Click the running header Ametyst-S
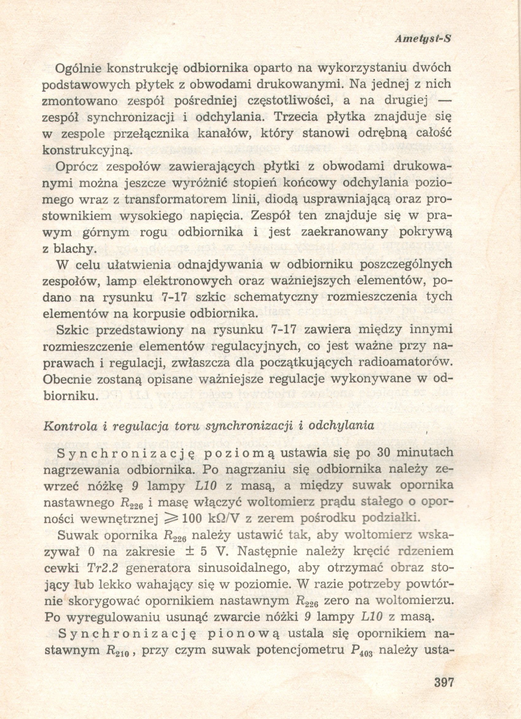coord(423,39)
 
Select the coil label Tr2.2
coord(102,568)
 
